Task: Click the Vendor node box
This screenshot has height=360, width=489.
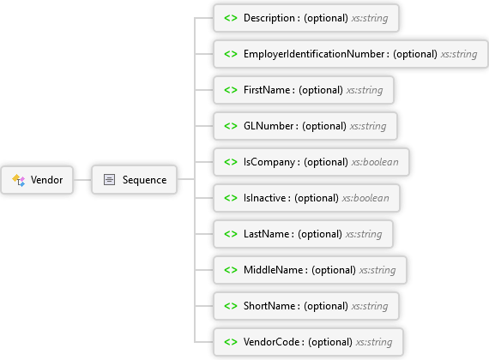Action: click(x=37, y=180)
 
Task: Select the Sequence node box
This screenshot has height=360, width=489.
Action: click(x=135, y=180)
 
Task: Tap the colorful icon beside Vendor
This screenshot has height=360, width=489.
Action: click(x=18, y=180)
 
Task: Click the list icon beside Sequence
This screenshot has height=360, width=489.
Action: click(x=109, y=180)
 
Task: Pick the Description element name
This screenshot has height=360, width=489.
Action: click(x=269, y=18)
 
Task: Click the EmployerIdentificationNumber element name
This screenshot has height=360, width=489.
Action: click(x=314, y=54)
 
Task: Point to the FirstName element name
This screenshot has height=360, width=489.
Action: click(x=267, y=90)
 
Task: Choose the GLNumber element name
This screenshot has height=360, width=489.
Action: click(x=269, y=126)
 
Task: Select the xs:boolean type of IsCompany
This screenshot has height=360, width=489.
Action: click(x=375, y=162)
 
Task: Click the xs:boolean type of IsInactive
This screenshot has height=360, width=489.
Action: click(x=365, y=198)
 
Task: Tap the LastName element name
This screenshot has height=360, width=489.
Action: click(x=266, y=234)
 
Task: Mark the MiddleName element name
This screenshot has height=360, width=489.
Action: click(x=273, y=270)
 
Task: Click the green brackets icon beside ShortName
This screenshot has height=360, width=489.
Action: click(x=231, y=306)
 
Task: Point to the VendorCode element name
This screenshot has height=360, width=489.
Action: click(x=272, y=342)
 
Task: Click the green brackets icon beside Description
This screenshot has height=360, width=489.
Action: click(x=231, y=18)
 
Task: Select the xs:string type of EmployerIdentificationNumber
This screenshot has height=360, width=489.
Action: click(x=459, y=54)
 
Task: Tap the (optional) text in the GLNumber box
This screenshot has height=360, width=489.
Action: click(x=324, y=126)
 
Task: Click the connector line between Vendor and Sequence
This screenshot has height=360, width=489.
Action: click(x=82, y=180)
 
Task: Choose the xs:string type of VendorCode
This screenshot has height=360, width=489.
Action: click(x=374, y=342)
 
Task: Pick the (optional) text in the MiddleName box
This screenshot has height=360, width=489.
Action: click(x=334, y=270)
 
